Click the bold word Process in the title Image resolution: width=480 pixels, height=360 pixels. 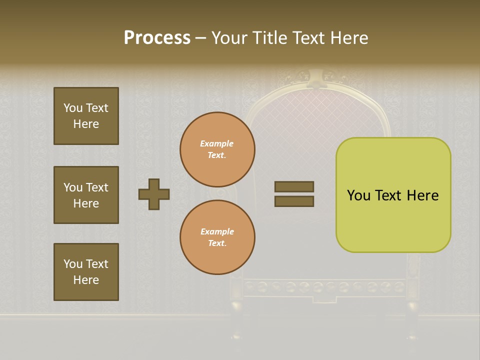tap(157, 38)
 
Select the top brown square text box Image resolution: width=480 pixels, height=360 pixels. tap(86, 116)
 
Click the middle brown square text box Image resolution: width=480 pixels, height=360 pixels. tap(86, 195)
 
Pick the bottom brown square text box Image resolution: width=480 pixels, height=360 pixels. tap(86, 272)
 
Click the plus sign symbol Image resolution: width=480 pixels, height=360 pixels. tap(154, 194)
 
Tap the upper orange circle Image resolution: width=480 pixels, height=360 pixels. tap(217, 149)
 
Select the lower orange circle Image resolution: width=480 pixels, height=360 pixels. tap(217, 237)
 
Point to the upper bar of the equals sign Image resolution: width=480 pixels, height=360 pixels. tap(294, 186)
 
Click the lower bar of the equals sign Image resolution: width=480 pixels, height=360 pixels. tap(294, 201)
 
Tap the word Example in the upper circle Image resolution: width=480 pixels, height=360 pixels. tap(216, 143)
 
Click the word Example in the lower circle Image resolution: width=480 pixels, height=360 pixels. tap(217, 231)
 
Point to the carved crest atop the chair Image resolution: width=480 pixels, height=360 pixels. tap(315, 77)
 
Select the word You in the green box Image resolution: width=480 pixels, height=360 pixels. tap(358, 195)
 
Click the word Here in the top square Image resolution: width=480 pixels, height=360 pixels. tap(86, 124)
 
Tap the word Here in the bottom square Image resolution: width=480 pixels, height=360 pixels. tap(86, 280)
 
